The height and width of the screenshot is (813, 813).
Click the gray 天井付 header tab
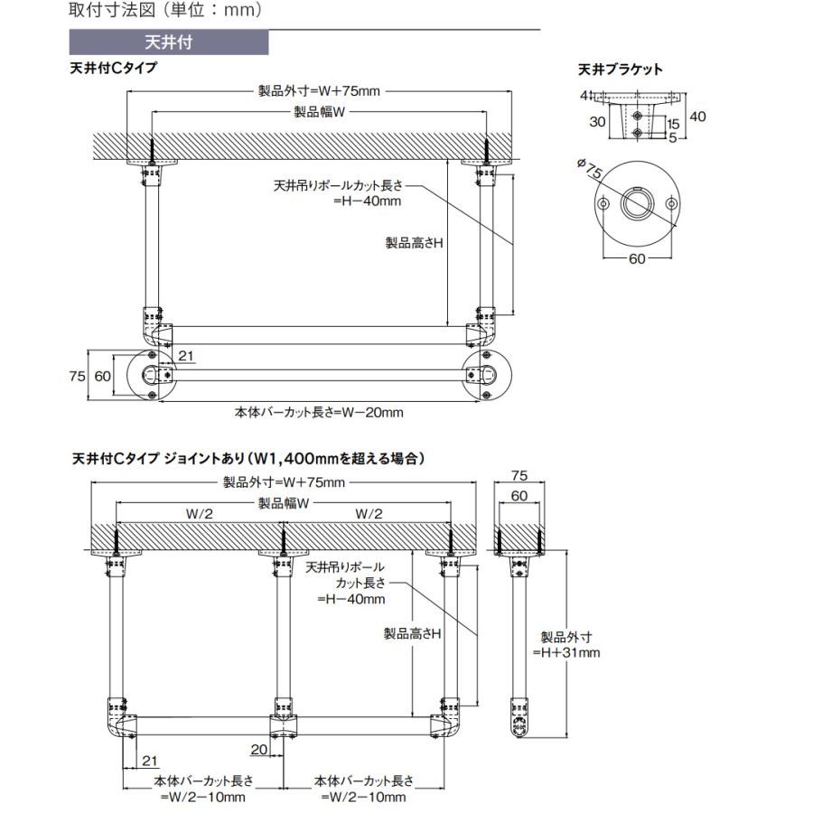pyautogui.click(x=168, y=42)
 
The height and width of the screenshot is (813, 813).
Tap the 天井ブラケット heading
pyautogui.click(x=620, y=69)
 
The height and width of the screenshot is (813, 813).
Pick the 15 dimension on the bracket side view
pyautogui.click(x=673, y=124)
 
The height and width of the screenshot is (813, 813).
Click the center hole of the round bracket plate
pyautogui.click(x=637, y=204)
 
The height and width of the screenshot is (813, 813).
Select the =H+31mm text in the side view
pyautogui.click(x=565, y=652)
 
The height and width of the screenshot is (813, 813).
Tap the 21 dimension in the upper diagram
pyautogui.click(x=186, y=357)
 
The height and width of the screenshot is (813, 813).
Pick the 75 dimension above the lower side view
pyautogui.click(x=519, y=477)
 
